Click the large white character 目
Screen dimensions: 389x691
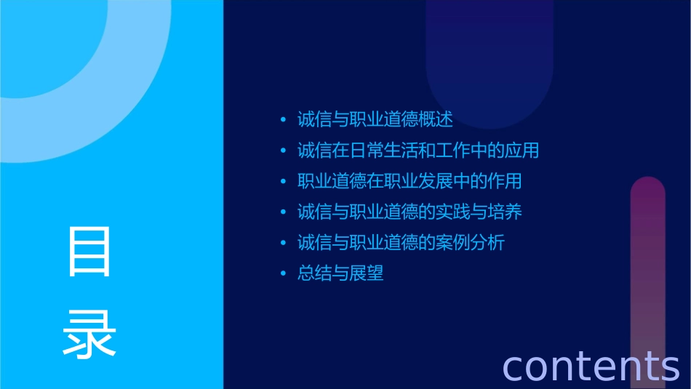pos(89,252)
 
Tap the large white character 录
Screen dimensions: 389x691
pos(89,334)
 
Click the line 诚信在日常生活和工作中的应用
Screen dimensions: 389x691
pos(418,151)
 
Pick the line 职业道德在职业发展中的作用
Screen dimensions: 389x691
pos(409,182)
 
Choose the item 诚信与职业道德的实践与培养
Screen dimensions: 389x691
pos(409,212)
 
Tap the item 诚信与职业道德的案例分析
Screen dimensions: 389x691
pos(400,243)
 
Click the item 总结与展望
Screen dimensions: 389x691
pos(340,274)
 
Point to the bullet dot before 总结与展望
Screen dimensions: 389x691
pos(284,274)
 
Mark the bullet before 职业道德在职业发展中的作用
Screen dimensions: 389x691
pos(284,182)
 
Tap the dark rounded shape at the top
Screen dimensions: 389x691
pos(490,58)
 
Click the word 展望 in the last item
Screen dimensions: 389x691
pos(366,274)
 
